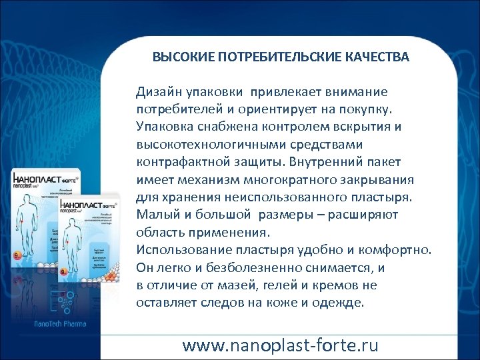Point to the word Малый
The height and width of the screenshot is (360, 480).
tap(153, 215)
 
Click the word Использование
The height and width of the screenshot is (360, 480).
tap(177, 251)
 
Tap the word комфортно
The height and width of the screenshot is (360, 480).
tap(400, 251)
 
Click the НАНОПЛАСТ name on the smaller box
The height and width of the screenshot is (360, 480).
tap(83, 208)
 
